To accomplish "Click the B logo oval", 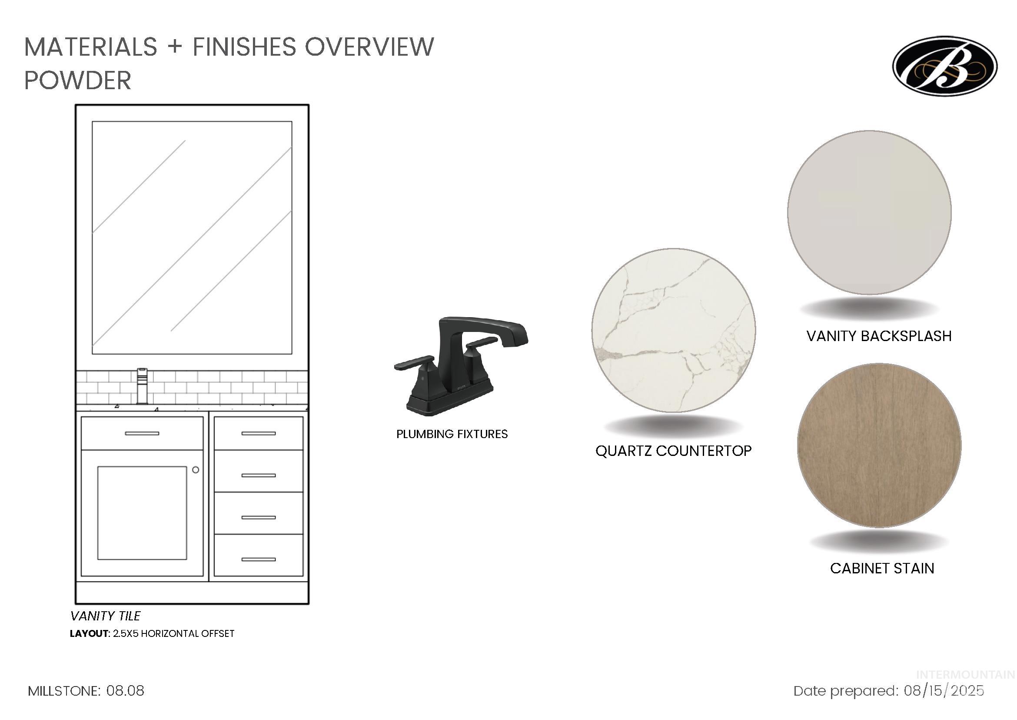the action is point(945,66).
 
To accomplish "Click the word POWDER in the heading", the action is point(77,80).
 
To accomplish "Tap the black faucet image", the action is point(461,366).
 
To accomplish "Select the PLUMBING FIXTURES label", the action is point(452,434).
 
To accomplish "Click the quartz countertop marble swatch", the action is point(673,330).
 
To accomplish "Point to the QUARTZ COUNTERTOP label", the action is point(673,451).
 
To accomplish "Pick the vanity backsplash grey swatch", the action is point(869,212).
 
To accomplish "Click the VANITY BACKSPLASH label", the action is point(879,336).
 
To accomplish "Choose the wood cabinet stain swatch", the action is point(879,445).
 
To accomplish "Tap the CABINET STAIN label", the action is point(882,568).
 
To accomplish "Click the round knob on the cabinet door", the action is point(195,469).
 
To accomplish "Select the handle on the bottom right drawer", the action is point(258,559).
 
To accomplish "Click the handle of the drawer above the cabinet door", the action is point(142,433).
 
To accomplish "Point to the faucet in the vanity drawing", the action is point(142,386).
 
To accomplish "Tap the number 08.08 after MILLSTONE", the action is point(125,691).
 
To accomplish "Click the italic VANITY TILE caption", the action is point(106,616).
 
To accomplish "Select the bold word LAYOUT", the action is point(89,633).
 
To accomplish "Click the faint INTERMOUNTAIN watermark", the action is point(966,675).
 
